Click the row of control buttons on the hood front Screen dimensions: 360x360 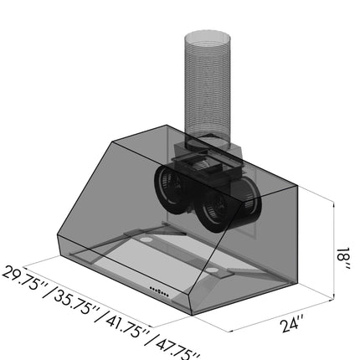[159, 291]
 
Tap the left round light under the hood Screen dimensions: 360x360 [145, 239]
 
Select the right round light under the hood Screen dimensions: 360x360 [213, 270]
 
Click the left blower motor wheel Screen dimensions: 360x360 [170, 190]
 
